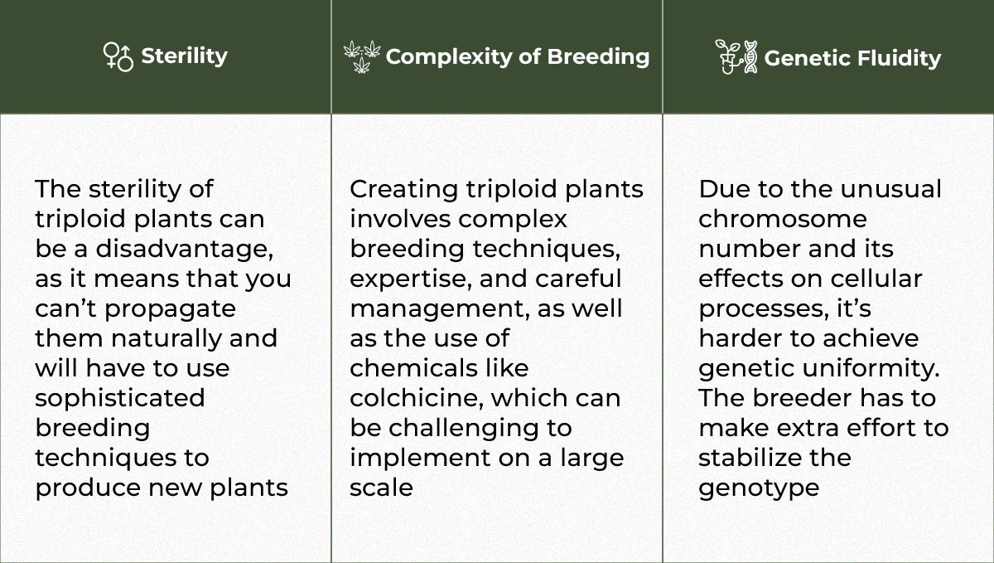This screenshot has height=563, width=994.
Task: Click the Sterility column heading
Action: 184,56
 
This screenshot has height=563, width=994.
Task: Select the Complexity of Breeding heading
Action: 517,56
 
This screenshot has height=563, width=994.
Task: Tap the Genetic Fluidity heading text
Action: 852,58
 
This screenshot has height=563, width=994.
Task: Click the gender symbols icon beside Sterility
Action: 118,56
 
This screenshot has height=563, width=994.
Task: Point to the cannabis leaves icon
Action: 362,56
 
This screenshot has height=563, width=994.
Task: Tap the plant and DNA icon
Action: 736,56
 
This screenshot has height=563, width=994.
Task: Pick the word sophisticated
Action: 119,397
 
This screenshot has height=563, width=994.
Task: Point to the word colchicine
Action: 416,397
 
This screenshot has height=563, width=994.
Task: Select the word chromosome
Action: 782,219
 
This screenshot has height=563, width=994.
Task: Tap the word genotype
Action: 758,487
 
